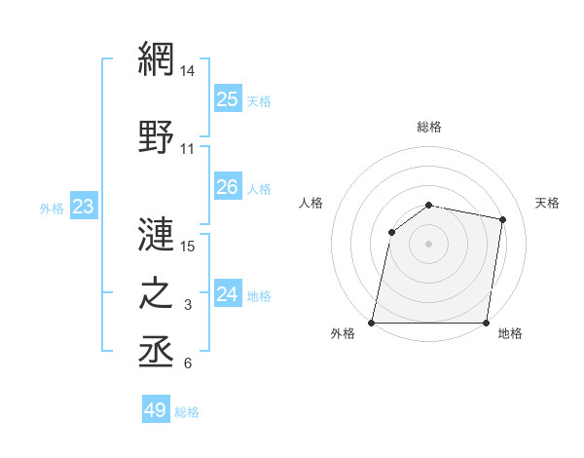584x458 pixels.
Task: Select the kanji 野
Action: click(156, 138)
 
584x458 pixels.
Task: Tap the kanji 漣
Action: click(156, 234)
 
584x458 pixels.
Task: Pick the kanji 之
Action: click(156, 294)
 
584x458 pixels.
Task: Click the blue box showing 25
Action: click(227, 98)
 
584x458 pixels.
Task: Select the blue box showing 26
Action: click(227, 187)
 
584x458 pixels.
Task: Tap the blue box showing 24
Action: click(227, 293)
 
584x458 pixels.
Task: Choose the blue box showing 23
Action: click(83, 207)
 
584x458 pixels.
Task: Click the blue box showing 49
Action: click(156, 410)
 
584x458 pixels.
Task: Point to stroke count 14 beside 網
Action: click(188, 70)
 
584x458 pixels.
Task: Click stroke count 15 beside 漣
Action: click(188, 246)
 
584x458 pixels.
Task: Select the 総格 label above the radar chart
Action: click(429, 127)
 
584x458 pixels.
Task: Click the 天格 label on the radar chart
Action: click(547, 203)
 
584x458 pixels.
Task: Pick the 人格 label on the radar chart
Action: click(311, 203)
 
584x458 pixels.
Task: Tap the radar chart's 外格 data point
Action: click(372, 323)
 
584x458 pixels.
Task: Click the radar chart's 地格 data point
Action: click(487, 323)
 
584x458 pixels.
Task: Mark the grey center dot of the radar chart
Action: click(429, 244)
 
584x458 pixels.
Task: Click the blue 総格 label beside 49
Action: click(187, 412)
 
